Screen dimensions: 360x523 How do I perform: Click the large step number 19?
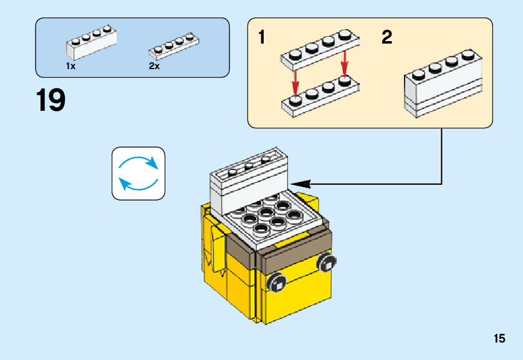point(51,101)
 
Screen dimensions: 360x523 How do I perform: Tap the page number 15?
point(499,339)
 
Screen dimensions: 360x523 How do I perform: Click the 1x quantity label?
point(70,66)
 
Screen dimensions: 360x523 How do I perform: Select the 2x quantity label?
point(154,66)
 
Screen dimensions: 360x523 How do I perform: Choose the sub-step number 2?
point(387,38)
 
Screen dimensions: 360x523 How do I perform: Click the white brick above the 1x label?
point(91,44)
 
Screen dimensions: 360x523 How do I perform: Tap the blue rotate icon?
point(138,173)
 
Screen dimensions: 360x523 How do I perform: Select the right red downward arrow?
point(343,65)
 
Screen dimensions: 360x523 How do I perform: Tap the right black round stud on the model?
point(325,263)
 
